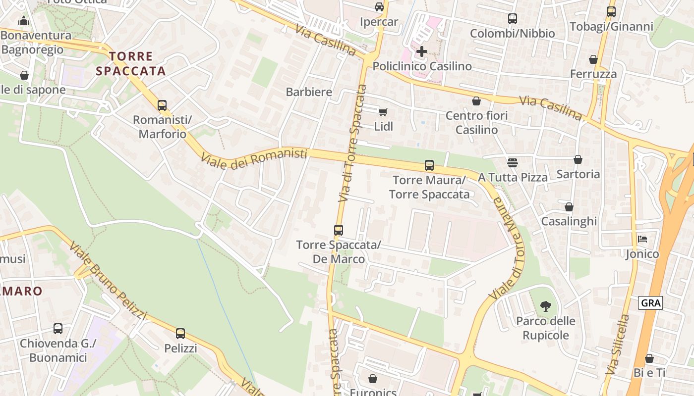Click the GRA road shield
point(650,303)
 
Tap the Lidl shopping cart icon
point(383,111)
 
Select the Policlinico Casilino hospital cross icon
point(422,51)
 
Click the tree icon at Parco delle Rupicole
point(546,306)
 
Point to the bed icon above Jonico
point(642,239)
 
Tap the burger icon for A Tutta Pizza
point(513,162)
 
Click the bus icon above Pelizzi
point(180,333)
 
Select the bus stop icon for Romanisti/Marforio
point(162,105)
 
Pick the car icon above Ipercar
point(379,6)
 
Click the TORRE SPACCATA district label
point(131,64)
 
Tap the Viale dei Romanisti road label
point(254,158)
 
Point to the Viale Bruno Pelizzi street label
point(109,280)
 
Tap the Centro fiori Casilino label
point(477,122)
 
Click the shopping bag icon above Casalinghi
point(569,206)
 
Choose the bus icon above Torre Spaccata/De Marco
point(339,230)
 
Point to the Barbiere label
point(309,92)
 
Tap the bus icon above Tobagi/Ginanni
point(611,11)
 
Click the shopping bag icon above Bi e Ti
point(649,358)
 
